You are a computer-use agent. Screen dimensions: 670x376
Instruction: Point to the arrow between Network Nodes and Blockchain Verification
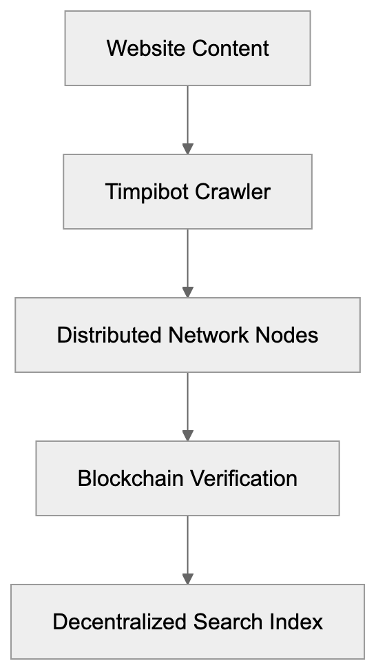click(187, 405)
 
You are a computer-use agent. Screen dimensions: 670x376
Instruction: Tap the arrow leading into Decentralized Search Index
click(187, 549)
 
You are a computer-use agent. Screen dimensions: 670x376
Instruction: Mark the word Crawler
click(232, 192)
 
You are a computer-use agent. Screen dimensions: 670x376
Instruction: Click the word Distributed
click(109, 335)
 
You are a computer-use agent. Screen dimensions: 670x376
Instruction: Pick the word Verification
click(244, 478)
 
